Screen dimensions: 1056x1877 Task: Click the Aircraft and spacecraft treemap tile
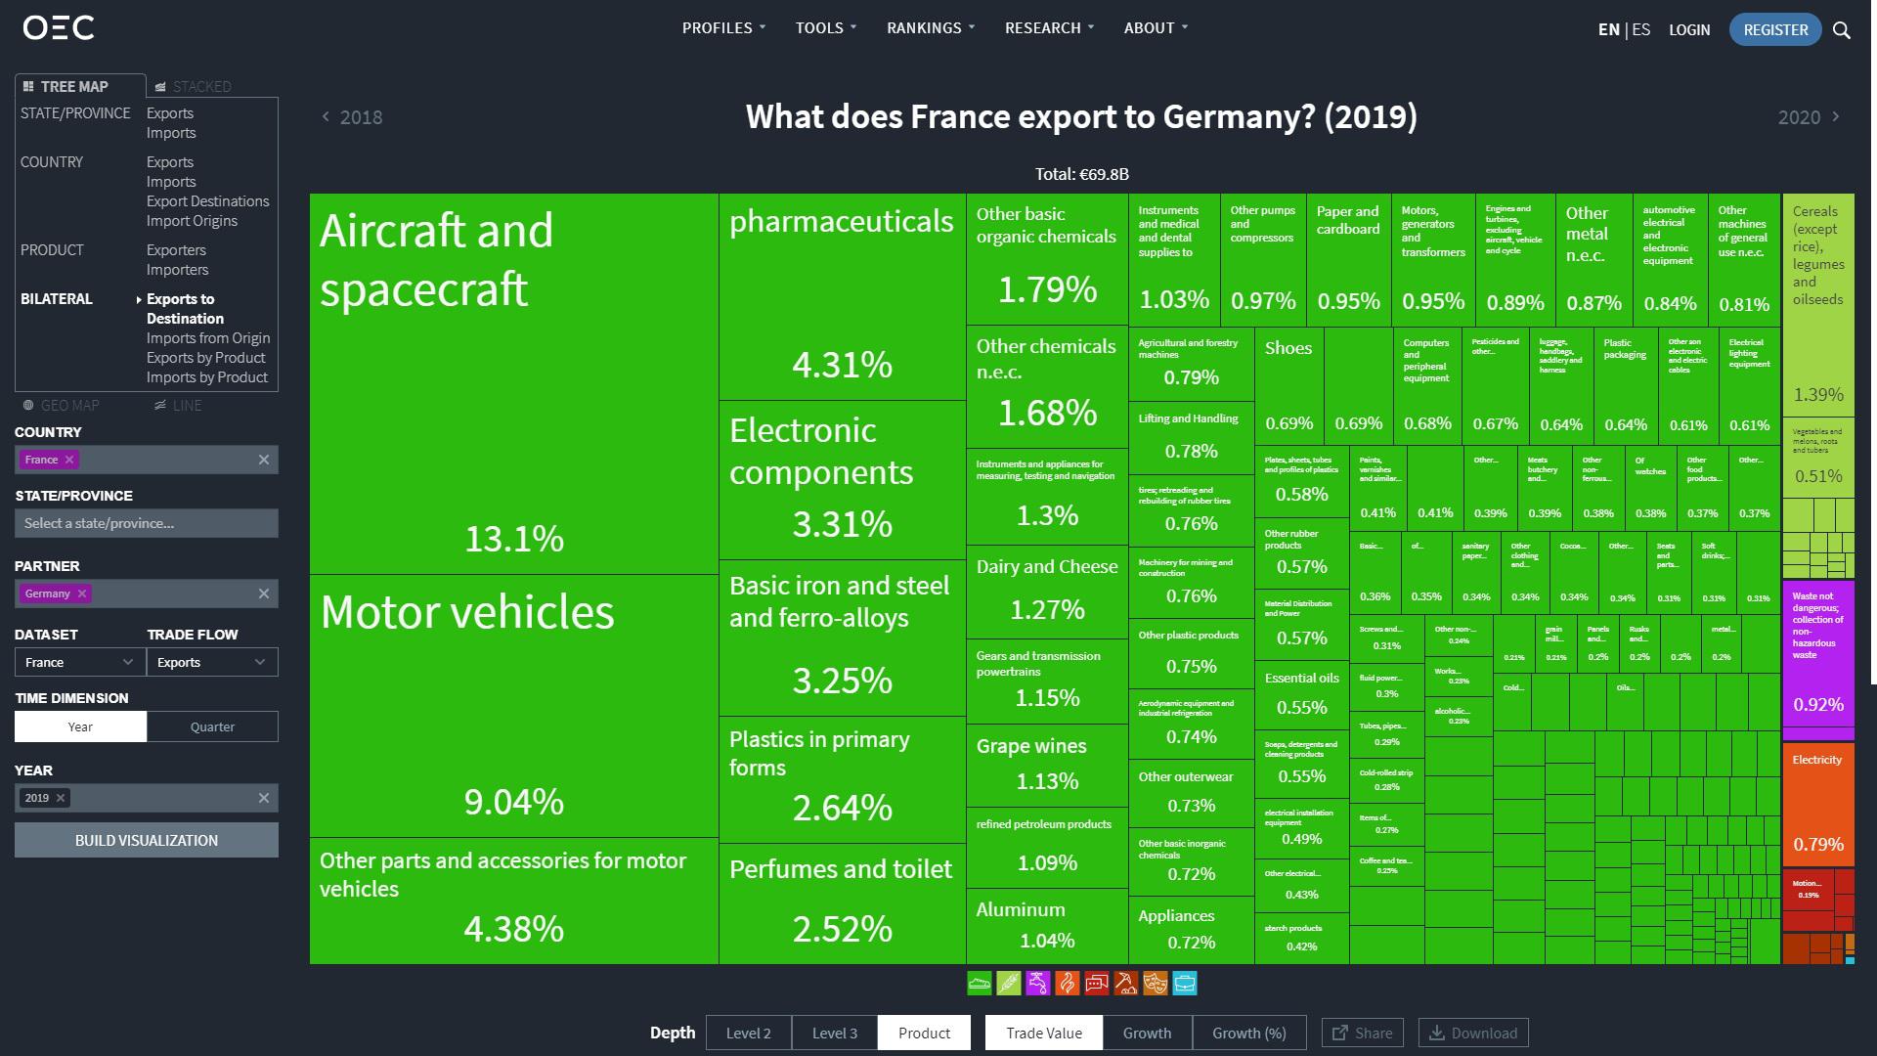tap(513, 383)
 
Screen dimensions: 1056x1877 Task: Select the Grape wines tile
tap(1046, 764)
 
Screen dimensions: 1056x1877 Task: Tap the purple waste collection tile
tap(1817, 652)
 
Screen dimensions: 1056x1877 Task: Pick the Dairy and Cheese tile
tap(1046, 591)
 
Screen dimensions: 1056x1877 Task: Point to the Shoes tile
tap(1288, 386)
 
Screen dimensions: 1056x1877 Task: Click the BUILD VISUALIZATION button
tap(147, 840)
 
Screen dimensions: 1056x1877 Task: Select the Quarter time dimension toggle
tap(212, 726)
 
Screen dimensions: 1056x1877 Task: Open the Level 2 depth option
tap(748, 1033)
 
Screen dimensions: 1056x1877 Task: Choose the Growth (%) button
tap(1248, 1033)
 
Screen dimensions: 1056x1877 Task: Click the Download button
tap(1473, 1033)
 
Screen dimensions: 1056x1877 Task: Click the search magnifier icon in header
tap(1842, 29)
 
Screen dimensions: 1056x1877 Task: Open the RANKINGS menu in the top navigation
tap(930, 27)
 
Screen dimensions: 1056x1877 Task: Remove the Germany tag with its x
tap(82, 594)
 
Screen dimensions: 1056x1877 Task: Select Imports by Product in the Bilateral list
tap(206, 377)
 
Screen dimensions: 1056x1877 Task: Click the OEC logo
tap(59, 27)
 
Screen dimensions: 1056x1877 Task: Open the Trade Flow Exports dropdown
tap(212, 662)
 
